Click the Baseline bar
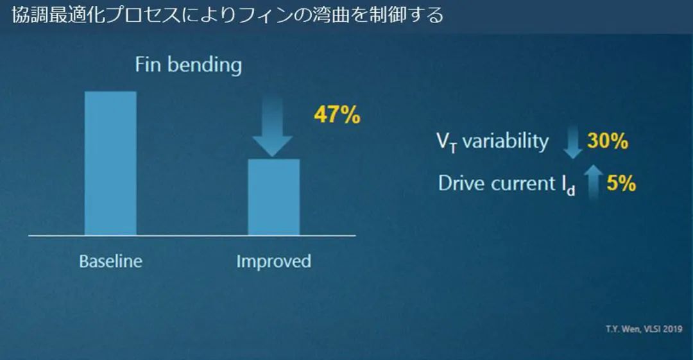pyautogui.click(x=110, y=163)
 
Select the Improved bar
pyautogui.click(x=273, y=197)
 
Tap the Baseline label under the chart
pyautogui.click(x=110, y=261)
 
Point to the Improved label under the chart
pyautogui.click(x=273, y=261)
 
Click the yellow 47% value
pyautogui.click(x=338, y=114)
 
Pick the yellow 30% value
pyautogui.click(x=608, y=141)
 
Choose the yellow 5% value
pyautogui.click(x=621, y=183)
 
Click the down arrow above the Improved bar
pyautogui.click(x=272, y=126)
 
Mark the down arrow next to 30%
pyautogui.click(x=573, y=142)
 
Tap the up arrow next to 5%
pyautogui.click(x=593, y=182)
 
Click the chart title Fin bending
pyautogui.click(x=188, y=65)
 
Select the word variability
pyautogui.click(x=506, y=142)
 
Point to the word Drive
pyautogui.click(x=459, y=183)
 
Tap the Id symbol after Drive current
pyautogui.click(x=569, y=185)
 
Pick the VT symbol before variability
pyautogui.click(x=447, y=142)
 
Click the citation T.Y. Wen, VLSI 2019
pyautogui.click(x=644, y=329)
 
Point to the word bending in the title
pyautogui.click(x=205, y=65)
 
